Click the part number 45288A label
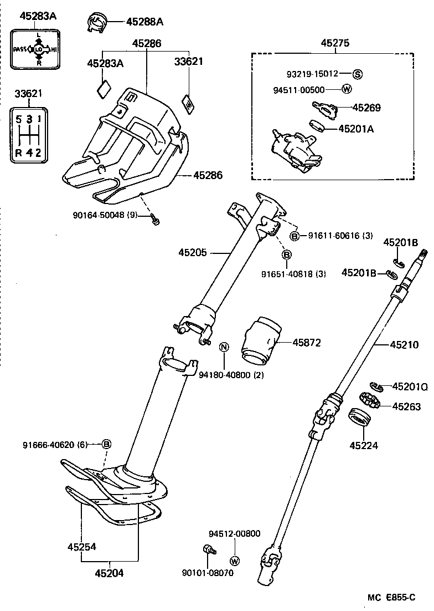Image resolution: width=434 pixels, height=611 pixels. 144,22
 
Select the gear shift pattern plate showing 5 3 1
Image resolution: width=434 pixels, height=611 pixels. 28,135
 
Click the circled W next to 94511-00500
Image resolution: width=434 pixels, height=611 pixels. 347,89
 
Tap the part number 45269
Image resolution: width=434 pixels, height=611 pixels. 366,108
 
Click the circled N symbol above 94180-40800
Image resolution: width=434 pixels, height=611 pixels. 224,348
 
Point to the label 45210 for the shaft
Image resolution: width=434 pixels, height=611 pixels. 404,344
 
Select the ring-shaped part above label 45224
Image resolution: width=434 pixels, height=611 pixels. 360,416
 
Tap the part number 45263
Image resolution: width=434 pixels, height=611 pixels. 406,406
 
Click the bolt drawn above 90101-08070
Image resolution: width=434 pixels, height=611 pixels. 209,550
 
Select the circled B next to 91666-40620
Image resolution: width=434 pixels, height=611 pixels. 107,444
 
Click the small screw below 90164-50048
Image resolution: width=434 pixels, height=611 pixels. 156,222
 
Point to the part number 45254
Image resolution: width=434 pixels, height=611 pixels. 82,546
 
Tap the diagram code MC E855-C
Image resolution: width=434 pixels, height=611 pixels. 391,597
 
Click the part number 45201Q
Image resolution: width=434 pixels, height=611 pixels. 410,386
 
